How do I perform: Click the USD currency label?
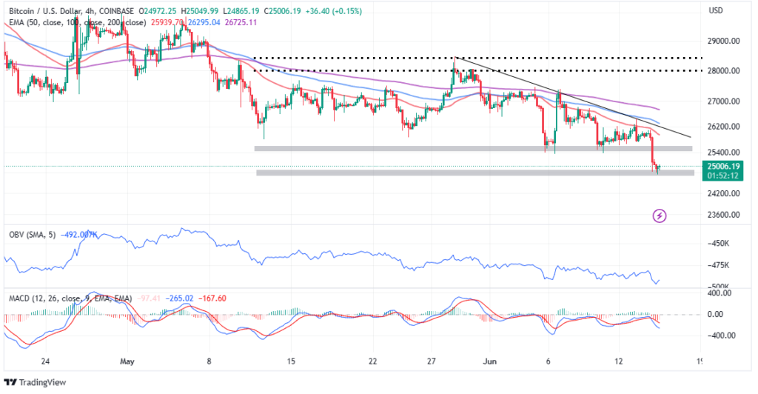[715, 11]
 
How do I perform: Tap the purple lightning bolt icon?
[660, 216]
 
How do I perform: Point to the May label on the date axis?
[127, 362]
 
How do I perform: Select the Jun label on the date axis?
[489, 362]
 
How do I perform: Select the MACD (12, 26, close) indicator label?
[50, 298]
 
